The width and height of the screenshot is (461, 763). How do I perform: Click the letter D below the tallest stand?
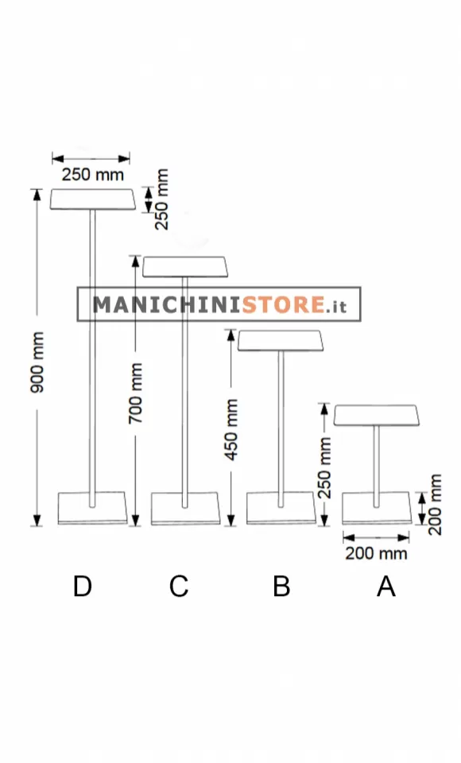coord(83,586)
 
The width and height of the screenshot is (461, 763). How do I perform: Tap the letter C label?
coord(179,586)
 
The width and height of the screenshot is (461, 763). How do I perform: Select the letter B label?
coord(281,586)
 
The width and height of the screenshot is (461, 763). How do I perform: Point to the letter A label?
coord(386,586)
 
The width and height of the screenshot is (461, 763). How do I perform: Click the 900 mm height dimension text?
coord(37,362)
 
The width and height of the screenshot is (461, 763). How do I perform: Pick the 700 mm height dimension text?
coord(136,393)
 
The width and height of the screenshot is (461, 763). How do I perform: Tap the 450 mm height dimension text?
coord(232,429)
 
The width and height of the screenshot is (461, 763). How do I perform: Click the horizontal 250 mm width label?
coord(92,174)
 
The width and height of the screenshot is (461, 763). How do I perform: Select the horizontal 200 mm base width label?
coord(376,553)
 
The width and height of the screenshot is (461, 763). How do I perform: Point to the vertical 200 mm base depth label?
coord(434,505)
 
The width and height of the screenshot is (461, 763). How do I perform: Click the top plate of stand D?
coord(92,199)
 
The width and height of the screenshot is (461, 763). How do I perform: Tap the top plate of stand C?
coord(185,267)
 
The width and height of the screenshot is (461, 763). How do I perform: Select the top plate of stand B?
coord(281,341)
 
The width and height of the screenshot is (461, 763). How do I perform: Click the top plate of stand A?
coord(376,415)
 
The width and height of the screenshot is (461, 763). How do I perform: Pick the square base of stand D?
coord(92,509)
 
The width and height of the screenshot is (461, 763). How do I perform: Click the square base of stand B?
coord(281,509)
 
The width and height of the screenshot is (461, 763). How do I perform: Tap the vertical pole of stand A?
coord(376,467)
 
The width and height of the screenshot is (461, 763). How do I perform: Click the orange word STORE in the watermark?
coord(284,304)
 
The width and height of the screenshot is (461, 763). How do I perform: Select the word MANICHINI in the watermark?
coord(167,304)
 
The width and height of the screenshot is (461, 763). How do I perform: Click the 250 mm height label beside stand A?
coord(325,467)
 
